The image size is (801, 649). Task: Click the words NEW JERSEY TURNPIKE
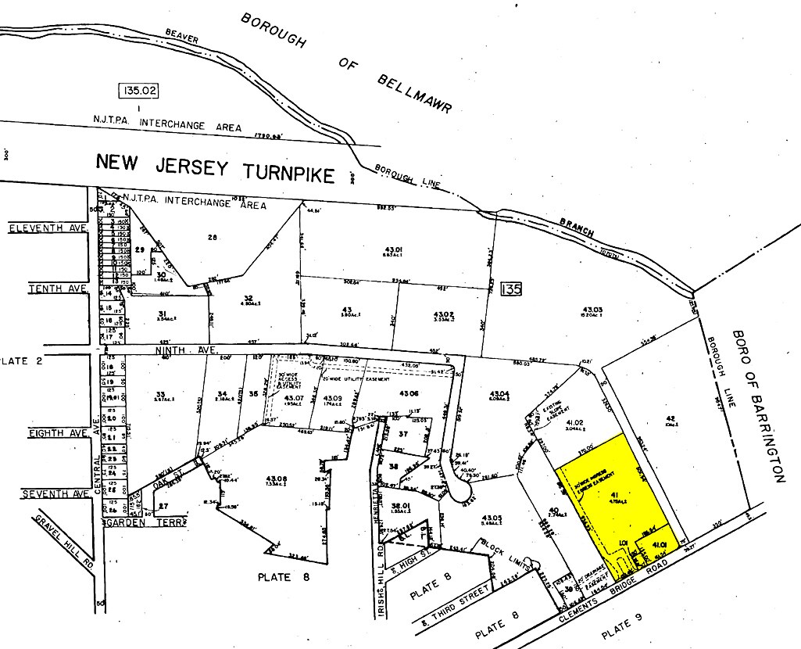(x=215, y=167)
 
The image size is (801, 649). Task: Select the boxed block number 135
(x=511, y=289)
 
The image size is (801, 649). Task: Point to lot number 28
(x=210, y=236)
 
